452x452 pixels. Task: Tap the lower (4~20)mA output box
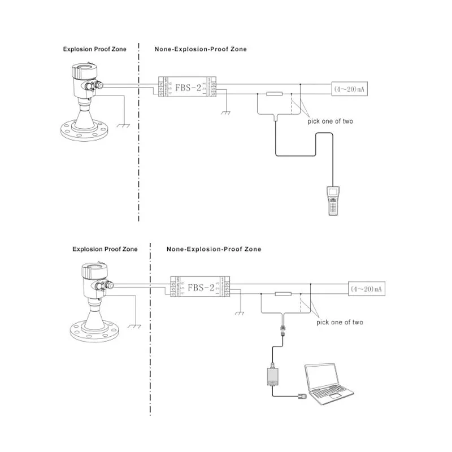pos(366,289)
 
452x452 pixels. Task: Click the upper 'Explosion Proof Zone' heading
pos(94,49)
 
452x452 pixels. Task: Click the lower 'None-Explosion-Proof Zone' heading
pos(214,249)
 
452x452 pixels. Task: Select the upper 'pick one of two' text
pos(330,121)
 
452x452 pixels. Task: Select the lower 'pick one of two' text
pos(340,322)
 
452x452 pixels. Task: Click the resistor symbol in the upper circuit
pos(274,94)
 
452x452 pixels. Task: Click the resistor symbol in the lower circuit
pos(282,294)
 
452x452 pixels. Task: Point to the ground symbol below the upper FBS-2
pos(227,112)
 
